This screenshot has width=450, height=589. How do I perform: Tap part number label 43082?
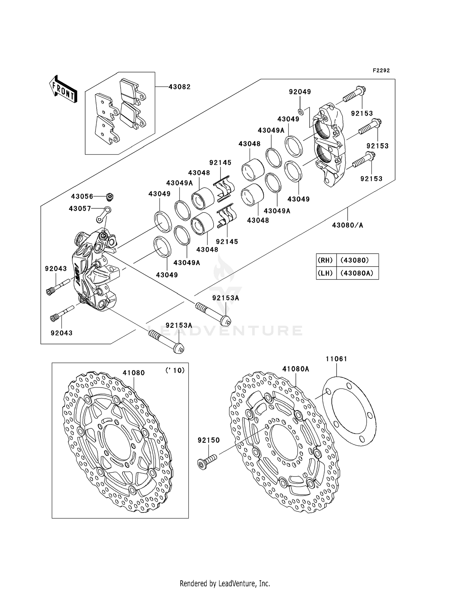click(x=179, y=87)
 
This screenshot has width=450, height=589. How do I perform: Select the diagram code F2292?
click(x=381, y=71)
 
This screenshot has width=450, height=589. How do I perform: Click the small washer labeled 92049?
click(x=301, y=112)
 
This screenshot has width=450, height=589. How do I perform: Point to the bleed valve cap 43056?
click(x=110, y=197)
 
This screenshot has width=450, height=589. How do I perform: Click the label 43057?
click(x=80, y=208)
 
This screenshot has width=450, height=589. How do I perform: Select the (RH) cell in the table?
click(x=326, y=260)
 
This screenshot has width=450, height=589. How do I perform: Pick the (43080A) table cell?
click(x=357, y=273)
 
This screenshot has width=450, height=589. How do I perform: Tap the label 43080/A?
click(x=347, y=225)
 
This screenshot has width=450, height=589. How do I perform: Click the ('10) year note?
click(x=175, y=370)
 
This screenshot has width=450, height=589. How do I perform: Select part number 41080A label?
click(x=295, y=369)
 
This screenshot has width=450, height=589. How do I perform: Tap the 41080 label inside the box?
click(x=133, y=373)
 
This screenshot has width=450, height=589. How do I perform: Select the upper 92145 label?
click(x=220, y=163)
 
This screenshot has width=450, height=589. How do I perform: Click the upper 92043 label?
click(x=56, y=269)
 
